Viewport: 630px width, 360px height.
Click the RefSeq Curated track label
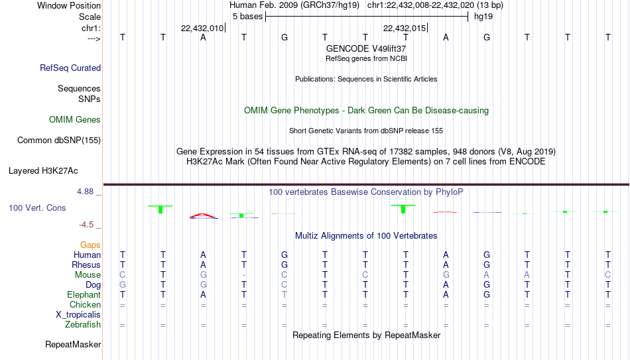[x=70, y=68]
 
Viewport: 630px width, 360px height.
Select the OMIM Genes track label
[x=75, y=120]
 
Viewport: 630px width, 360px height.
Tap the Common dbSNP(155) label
[x=59, y=141]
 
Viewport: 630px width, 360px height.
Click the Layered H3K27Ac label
[x=43, y=171]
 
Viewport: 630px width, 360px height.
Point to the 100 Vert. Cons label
[x=37, y=208]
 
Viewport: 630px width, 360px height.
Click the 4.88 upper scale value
[x=85, y=192]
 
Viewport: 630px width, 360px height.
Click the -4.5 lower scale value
[x=86, y=225]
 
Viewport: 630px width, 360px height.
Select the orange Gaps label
[x=90, y=245]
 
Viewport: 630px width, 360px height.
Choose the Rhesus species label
[x=86, y=265]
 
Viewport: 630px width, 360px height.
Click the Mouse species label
[x=88, y=275]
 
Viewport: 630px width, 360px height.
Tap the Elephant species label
[x=84, y=295]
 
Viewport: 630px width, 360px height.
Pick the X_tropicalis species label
[x=78, y=315]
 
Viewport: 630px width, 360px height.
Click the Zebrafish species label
[x=83, y=325]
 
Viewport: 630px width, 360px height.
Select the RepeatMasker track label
[x=73, y=344]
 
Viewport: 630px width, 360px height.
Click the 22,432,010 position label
[x=202, y=28]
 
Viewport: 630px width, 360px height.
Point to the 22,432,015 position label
[x=405, y=28]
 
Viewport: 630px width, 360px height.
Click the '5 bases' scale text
[x=247, y=17]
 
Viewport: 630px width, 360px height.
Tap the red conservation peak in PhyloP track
[x=203, y=215]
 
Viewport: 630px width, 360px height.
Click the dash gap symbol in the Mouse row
[x=244, y=276]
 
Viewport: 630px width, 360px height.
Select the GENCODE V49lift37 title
[x=366, y=48]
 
